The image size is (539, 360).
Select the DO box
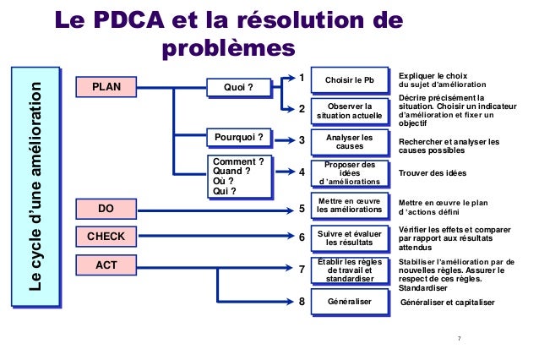coord(106,208)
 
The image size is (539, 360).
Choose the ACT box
coord(106,265)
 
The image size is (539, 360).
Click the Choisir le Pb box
coord(349,80)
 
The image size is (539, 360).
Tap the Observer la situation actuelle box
coord(349,110)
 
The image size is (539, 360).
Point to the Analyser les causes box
coord(349,141)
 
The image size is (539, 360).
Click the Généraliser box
coord(349,302)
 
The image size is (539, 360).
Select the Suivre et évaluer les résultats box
coord(349,238)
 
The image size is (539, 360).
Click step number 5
coord(302,208)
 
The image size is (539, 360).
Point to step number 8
coord(302,302)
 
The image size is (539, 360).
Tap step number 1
coord(302,79)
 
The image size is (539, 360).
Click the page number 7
coord(459,339)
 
